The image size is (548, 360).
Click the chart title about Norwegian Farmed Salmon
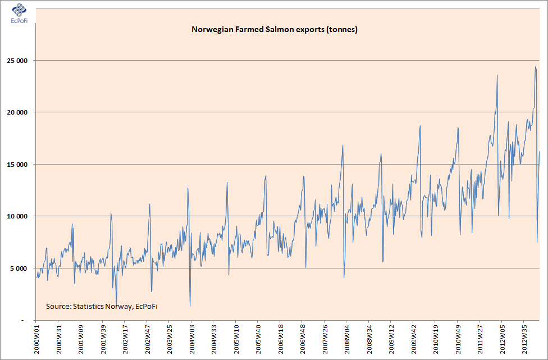[275, 29]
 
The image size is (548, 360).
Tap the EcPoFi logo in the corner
[19, 12]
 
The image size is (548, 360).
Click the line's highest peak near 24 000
[535, 67]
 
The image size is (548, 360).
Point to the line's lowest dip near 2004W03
[190, 306]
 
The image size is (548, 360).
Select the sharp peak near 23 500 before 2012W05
[497, 75]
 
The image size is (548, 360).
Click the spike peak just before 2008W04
[342, 145]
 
